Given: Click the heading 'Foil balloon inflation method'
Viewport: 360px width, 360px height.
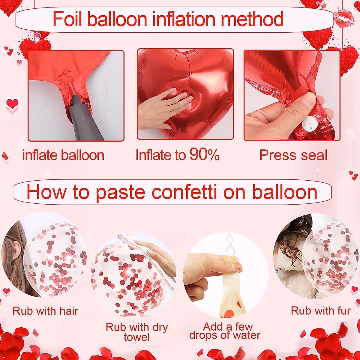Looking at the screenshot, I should tap(168, 19).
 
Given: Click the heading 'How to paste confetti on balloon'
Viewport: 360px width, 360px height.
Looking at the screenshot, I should tap(172, 192).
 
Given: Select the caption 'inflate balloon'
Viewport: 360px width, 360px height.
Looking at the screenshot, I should tap(63, 155).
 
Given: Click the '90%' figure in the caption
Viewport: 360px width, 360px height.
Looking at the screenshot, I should tap(204, 155).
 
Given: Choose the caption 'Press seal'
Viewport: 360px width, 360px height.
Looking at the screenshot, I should tap(293, 155).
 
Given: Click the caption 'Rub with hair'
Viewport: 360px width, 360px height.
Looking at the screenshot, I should tap(45, 311).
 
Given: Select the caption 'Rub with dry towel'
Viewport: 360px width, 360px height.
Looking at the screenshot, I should tap(136, 332).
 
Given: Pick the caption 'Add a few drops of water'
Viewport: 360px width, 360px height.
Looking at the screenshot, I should tap(225, 331).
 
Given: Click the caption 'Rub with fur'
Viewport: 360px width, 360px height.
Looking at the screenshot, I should tap(321, 311).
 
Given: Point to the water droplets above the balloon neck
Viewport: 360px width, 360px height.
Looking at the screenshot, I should tap(230, 244).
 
